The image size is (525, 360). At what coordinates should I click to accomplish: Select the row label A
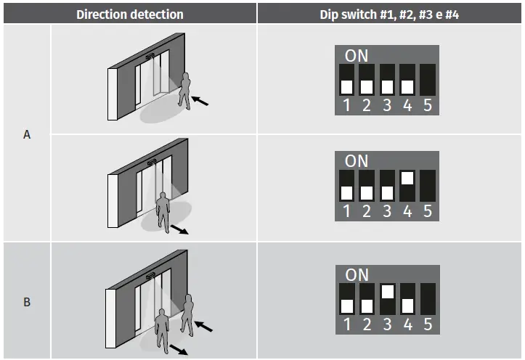point(27,134)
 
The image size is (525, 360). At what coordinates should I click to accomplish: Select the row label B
point(27,300)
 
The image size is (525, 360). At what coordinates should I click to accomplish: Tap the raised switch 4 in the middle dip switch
point(407,178)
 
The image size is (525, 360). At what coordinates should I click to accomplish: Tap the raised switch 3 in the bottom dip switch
point(388,291)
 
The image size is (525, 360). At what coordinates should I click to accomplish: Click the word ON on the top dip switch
point(357,55)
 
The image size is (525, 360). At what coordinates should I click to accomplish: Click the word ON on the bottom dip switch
point(357,275)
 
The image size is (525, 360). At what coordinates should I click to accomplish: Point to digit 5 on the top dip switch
point(428,106)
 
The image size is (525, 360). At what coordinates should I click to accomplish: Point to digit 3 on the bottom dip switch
point(388,325)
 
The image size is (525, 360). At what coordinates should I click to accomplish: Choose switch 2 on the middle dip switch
point(367,192)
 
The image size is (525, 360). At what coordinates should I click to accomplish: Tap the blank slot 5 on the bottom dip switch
point(428,298)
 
